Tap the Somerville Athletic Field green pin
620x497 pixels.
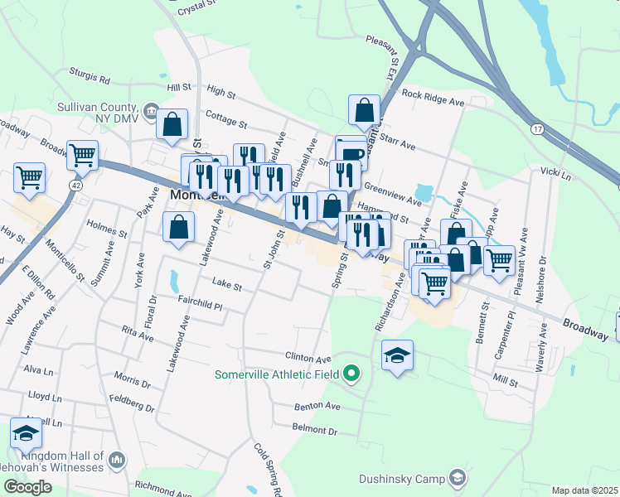click(351, 374)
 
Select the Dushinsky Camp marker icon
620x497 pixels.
click(457, 478)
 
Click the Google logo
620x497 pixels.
click(27, 487)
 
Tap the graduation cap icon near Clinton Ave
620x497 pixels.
click(398, 355)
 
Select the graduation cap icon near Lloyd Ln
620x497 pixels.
click(26, 433)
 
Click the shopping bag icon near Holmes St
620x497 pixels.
click(178, 225)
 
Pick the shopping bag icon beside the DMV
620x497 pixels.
click(172, 124)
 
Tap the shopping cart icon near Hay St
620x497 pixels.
click(29, 177)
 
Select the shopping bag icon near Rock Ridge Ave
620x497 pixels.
click(365, 109)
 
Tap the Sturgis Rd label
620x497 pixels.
click(90, 80)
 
